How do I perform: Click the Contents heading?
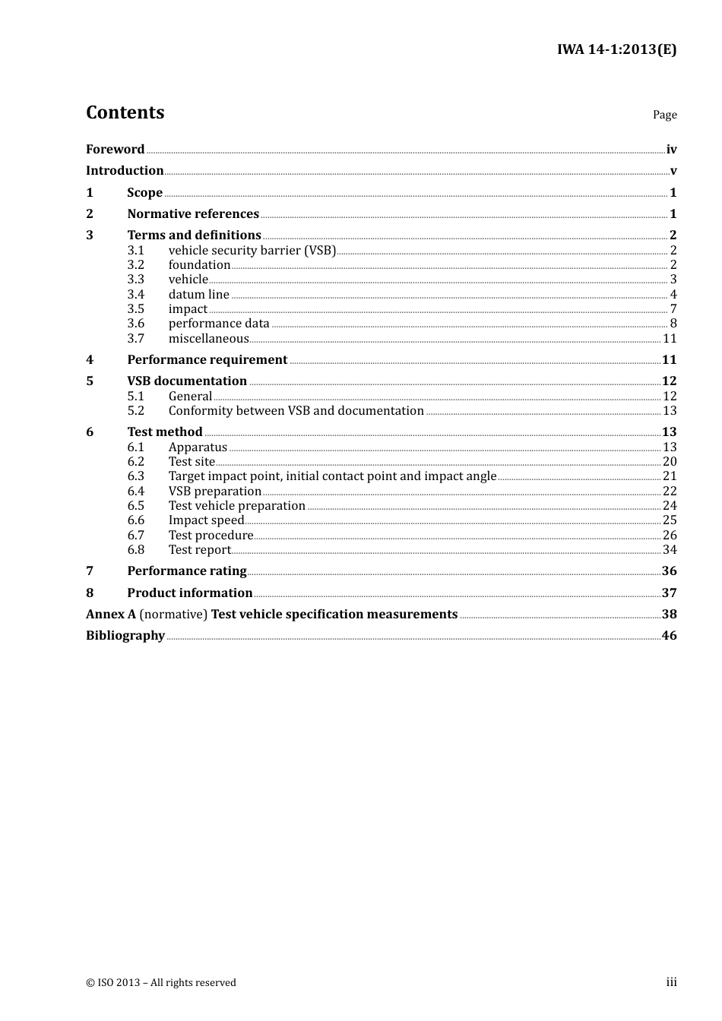point(125,112)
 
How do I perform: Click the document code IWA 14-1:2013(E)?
point(616,49)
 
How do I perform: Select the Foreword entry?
point(115,150)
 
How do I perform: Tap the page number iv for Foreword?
point(671,150)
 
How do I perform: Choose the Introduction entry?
point(125,171)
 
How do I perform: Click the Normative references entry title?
point(193,214)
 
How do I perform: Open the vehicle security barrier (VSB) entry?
point(252,251)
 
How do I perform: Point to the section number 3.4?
point(135,295)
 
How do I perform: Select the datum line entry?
point(198,295)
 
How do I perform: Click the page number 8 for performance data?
point(673,324)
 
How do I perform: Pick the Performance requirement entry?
point(207,360)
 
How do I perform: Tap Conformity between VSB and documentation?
point(296,411)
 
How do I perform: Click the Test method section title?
point(164,432)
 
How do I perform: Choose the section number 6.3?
point(135,476)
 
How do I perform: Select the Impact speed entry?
point(206,520)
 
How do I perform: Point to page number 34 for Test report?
point(670,550)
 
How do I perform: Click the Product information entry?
point(189,593)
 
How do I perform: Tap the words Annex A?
point(110,615)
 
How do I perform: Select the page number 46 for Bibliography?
point(669,636)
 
